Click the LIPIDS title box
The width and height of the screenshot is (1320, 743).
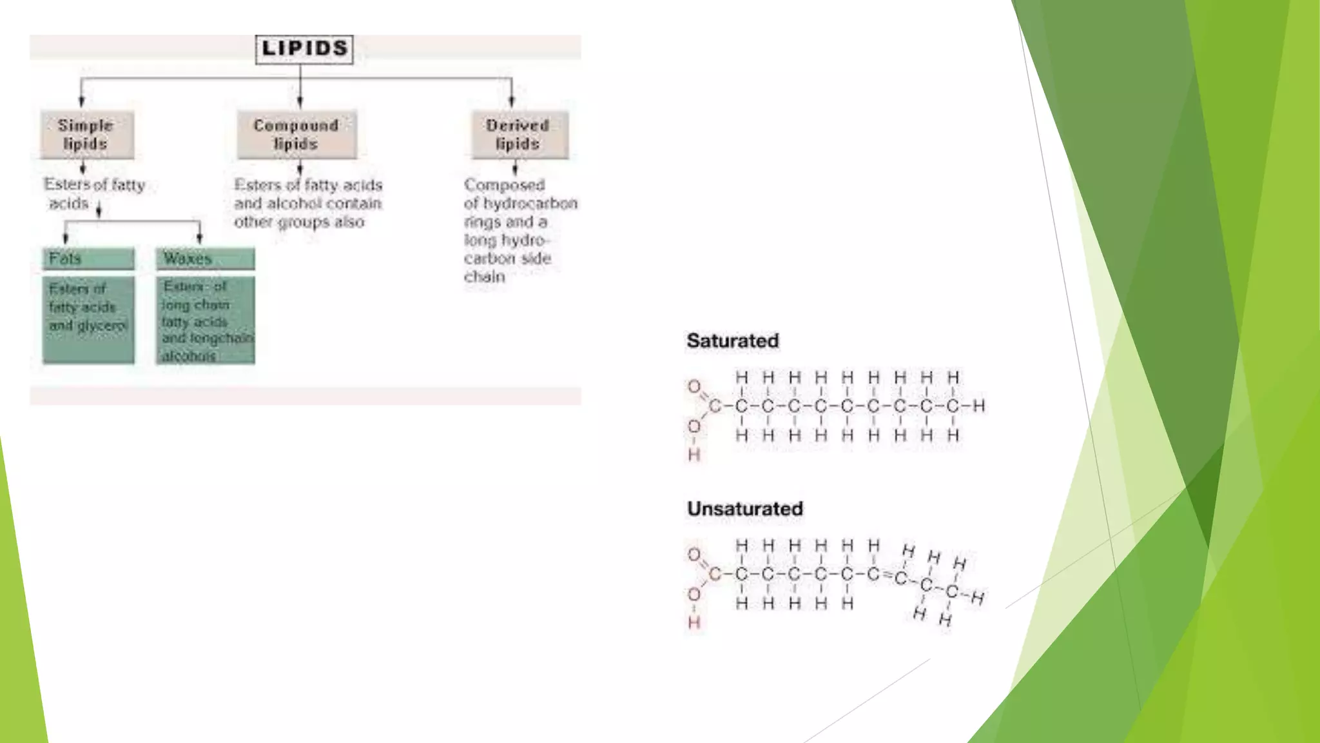304,49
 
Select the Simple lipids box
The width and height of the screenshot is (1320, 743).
87,135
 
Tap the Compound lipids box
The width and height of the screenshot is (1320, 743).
296,135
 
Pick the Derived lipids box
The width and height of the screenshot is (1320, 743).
519,135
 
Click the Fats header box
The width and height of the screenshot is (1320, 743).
88,259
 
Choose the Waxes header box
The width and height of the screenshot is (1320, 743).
205,259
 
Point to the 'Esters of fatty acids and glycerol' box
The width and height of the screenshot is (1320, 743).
88,319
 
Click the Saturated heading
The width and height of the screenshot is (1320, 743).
733,341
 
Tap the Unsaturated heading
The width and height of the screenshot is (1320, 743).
745,508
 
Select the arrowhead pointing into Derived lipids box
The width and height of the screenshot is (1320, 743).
512,101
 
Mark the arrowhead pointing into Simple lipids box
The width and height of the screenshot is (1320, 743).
81,101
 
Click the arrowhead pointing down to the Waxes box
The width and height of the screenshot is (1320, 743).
199,239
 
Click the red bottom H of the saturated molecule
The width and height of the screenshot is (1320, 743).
694,455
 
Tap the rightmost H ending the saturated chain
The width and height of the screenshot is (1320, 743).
979,406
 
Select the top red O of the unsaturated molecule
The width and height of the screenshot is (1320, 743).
694,555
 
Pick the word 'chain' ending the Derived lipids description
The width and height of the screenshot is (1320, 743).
484,277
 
